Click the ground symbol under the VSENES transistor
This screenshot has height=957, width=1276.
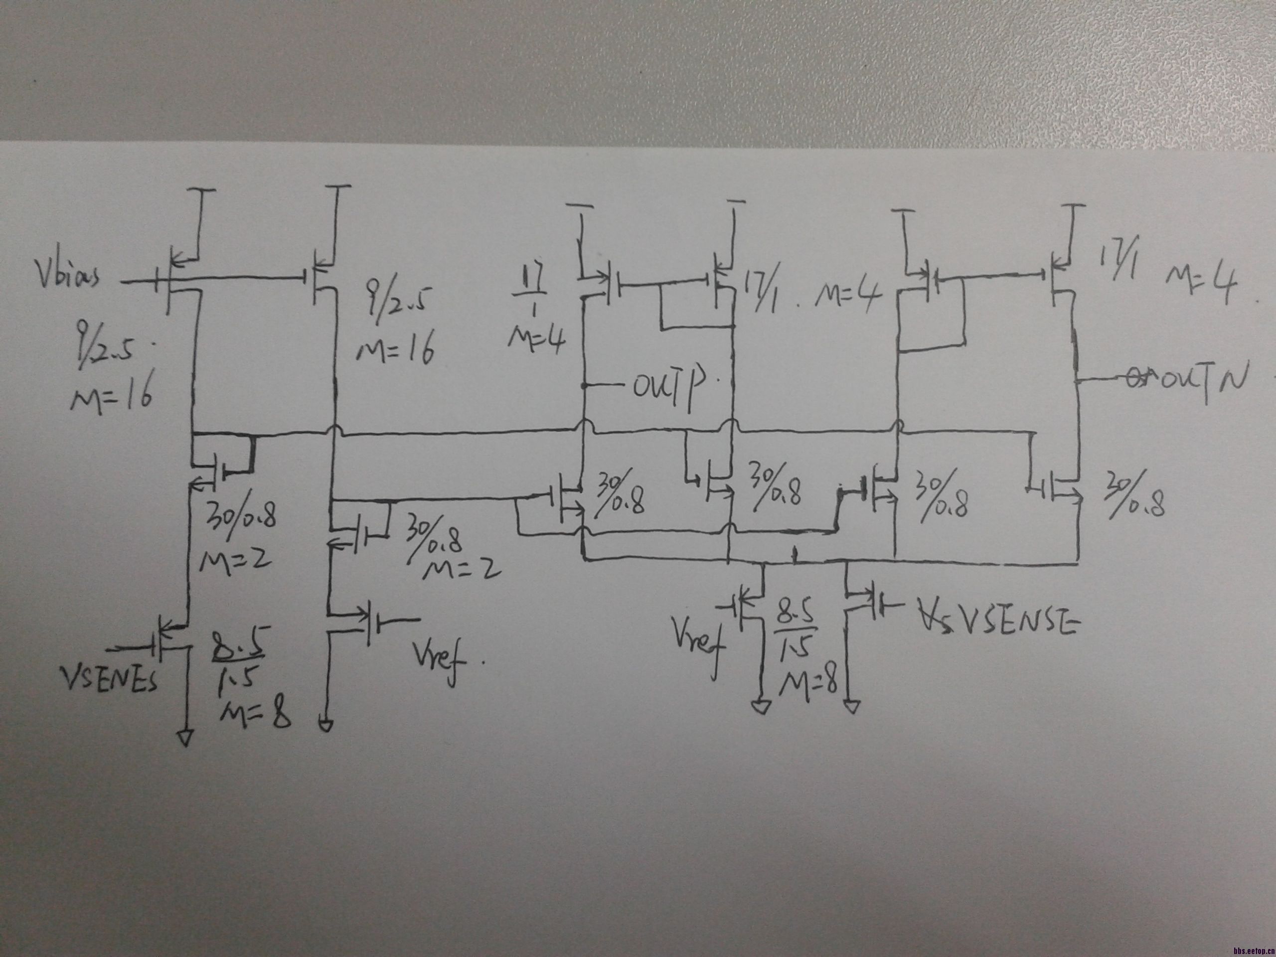185,738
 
